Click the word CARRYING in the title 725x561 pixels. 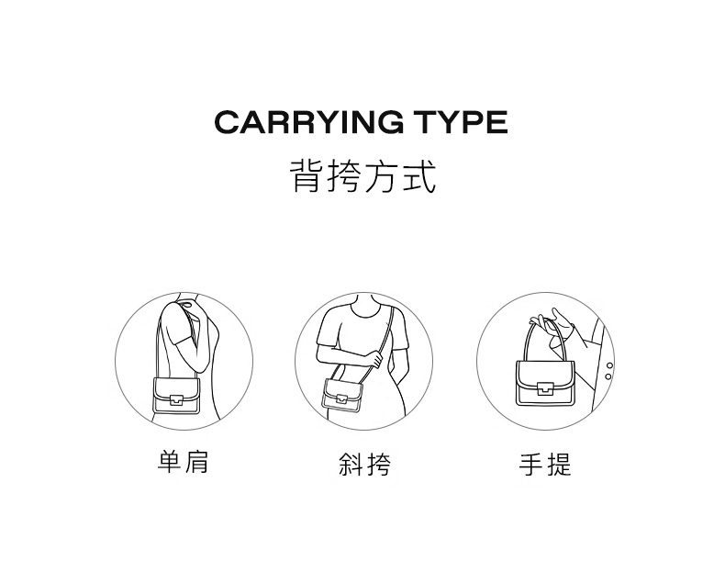[x=308, y=122]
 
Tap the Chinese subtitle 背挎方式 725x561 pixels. [x=362, y=175]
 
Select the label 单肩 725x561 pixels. [x=184, y=462]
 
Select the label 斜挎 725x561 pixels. [x=364, y=464]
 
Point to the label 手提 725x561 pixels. [x=545, y=465]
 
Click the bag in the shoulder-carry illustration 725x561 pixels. [x=176, y=395]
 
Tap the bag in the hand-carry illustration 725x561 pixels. [x=546, y=383]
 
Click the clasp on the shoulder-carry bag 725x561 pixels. [x=175, y=399]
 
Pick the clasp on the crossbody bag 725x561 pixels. [x=341, y=398]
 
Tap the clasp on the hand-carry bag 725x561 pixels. [x=545, y=389]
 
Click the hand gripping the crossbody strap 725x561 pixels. [x=374, y=359]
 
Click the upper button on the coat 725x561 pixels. [x=610, y=365]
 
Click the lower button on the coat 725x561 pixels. [x=608, y=377]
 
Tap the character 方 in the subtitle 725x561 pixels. [x=381, y=175]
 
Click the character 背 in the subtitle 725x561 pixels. [x=307, y=175]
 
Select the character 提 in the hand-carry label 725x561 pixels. [x=560, y=465]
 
